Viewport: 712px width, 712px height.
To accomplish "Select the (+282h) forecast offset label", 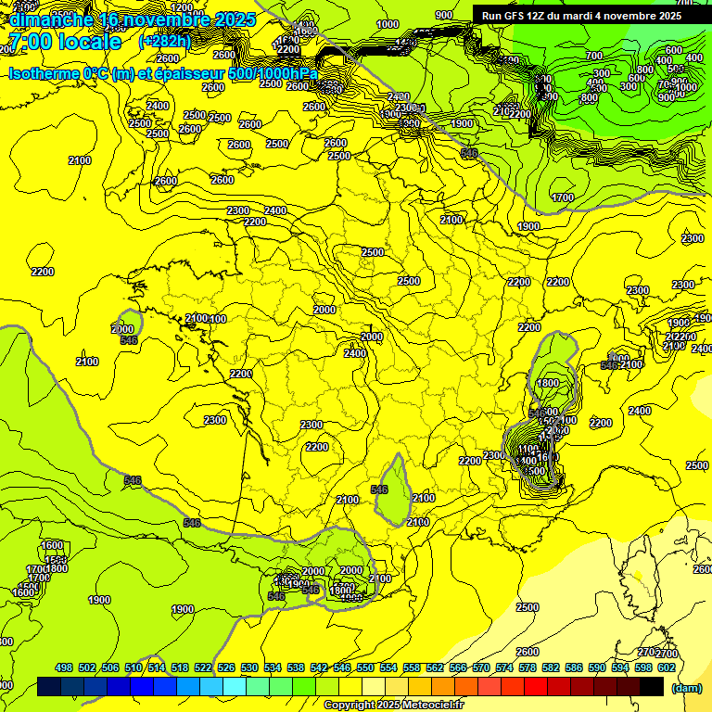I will [x=165, y=42].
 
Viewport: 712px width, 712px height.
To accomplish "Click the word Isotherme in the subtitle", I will [x=43, y=73].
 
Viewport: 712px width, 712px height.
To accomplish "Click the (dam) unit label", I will [x=685, y=688].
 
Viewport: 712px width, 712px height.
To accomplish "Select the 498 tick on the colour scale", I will [x=64, y=667].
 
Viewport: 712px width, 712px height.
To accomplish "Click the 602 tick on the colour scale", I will [x=666, y=667].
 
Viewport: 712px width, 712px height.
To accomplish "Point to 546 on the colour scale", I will [x=342, y=667].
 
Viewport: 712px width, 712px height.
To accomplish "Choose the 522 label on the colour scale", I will [x=203, y=667].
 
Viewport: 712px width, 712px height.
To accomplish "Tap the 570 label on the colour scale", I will [x=481, y=667].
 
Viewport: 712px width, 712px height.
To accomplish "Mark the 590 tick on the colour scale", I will [x=596, y=667].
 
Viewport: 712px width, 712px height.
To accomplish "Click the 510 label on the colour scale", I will [x=133, y=667].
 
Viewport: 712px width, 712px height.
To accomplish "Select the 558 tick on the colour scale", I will [x=412, y=667].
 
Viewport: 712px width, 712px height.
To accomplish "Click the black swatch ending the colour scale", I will [x=652, y=687].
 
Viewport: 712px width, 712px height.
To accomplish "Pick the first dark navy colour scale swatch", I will [x=49, y=687].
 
